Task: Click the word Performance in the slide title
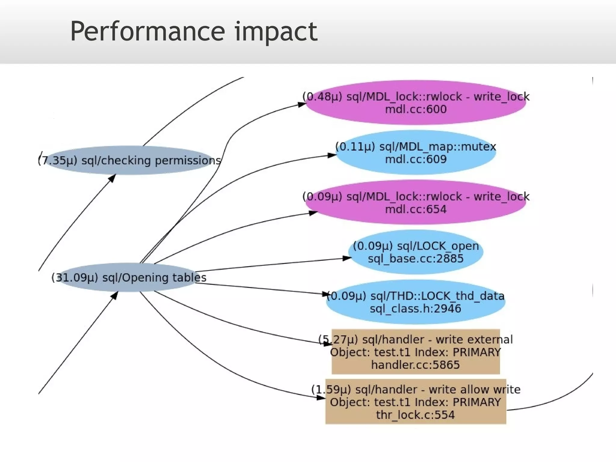pos(147,32)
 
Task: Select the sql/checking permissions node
pos(129,160)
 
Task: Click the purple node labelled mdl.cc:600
pos(416,103)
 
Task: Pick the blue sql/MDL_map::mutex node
pos(416,152)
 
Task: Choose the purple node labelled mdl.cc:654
pos(416,202)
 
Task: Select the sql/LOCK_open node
pos(416,252)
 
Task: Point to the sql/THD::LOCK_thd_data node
pos(416,302)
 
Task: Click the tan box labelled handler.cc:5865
pos(416,352)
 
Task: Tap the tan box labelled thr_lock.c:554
pos(416,402)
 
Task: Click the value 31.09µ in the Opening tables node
pos(75,277)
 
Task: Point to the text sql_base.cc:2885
pos(416,259)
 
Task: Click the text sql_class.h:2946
pos(416,309)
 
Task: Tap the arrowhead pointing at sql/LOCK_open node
pos(347,258)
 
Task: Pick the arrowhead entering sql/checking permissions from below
pos(112,178)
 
